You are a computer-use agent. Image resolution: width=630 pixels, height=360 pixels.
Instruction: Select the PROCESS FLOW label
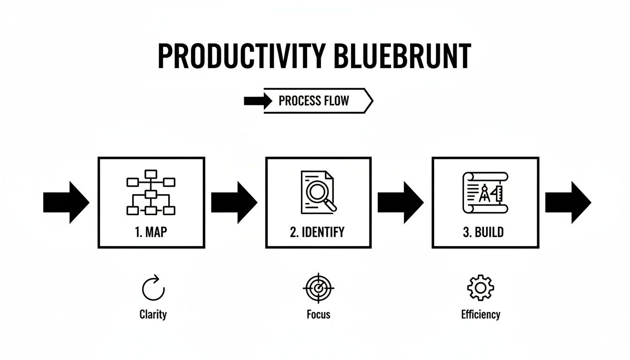(x=314, y=101)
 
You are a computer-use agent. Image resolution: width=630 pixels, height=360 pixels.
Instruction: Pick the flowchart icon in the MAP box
(x=150, y=193)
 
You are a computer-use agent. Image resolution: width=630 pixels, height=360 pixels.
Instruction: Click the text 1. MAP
(x=150, y=232)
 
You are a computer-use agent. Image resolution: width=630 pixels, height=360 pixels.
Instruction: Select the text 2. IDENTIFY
(x=317, y=232)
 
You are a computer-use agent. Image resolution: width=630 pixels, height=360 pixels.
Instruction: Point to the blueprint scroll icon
(x=485, y=193)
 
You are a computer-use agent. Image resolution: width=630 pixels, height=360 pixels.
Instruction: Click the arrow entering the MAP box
(x=66, y=202)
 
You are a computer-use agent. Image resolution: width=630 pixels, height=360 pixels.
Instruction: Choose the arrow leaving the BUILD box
(x=568, y=202)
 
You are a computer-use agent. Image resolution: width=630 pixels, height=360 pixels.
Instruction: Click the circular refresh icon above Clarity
(x=153, y=288)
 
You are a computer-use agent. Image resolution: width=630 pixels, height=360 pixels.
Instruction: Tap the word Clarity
(x=153, y=314)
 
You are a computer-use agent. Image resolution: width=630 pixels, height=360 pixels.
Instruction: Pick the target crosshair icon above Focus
(x=318, y=288)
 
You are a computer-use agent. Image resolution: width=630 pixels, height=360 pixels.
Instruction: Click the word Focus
(x=318, y=314)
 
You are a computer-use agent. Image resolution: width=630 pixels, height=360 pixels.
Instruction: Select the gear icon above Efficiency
(x=480, y=288)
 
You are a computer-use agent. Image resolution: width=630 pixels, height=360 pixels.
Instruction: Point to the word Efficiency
(x=480, y=314)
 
